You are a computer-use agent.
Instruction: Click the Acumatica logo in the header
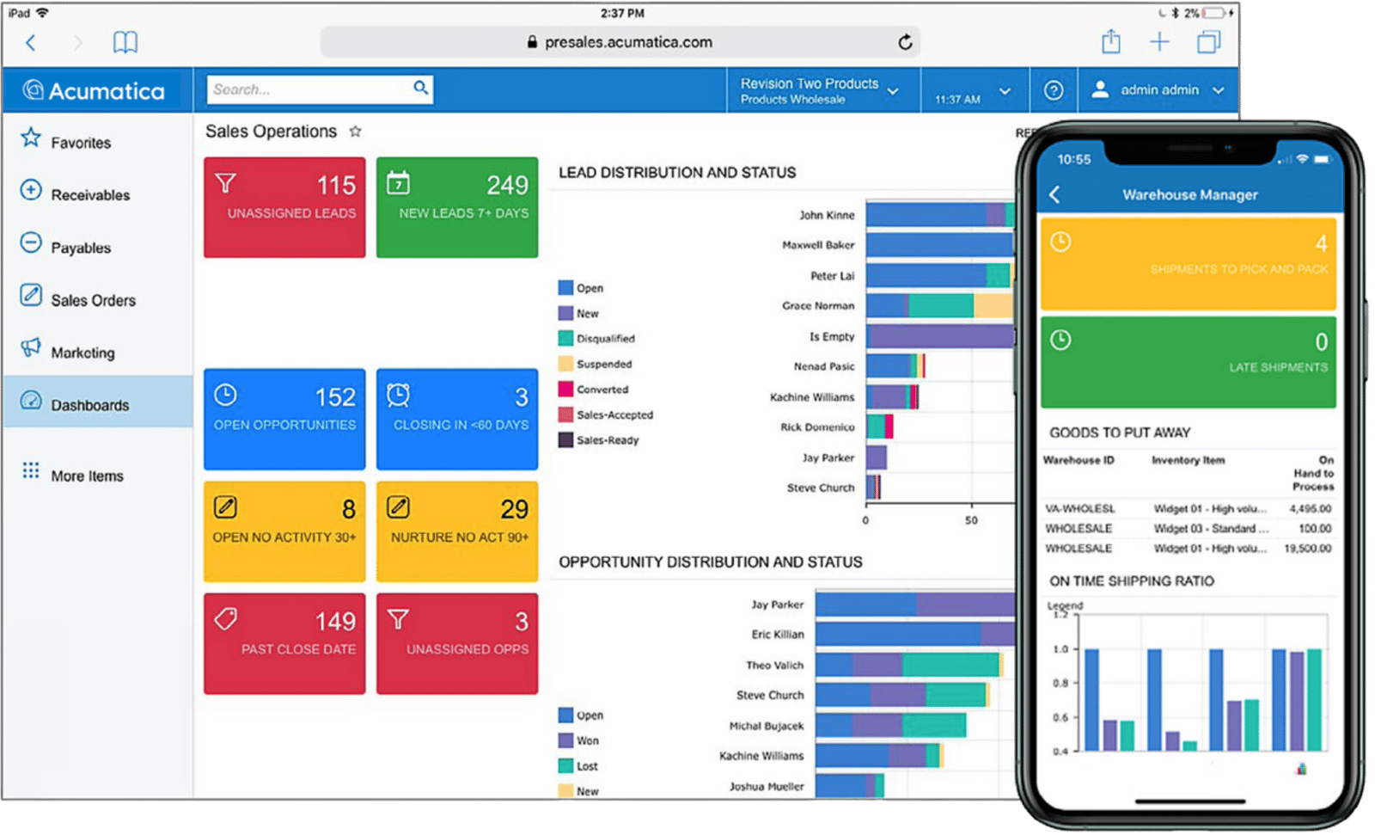[95, 90]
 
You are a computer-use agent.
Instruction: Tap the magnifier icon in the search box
[420, 88]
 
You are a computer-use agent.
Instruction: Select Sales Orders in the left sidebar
[93, 300]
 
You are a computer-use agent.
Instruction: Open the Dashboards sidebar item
[89, 405]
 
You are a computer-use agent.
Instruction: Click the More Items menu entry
[87, 476]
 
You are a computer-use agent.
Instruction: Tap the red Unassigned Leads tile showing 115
[284, 207]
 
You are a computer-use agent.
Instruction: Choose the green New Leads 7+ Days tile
[457, 207]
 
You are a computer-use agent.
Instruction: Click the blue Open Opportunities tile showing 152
[284, 419]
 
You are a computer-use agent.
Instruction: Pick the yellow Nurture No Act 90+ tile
[457, 531]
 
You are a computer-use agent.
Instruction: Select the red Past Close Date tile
[284, 643]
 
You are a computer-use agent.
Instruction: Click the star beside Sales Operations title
[355, 132]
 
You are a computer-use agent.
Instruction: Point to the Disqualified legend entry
[605, 339]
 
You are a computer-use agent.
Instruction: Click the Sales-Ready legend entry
[607, 440]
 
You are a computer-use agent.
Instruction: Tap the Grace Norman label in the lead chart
[818, 306]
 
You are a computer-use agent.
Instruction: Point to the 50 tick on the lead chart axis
[971, 520]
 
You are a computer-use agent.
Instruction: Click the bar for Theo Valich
[907, 665]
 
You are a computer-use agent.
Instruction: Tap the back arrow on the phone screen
[1055, 195]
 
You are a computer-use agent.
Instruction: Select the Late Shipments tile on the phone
[1188, 362]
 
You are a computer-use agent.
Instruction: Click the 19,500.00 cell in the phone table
[1307, 549]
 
